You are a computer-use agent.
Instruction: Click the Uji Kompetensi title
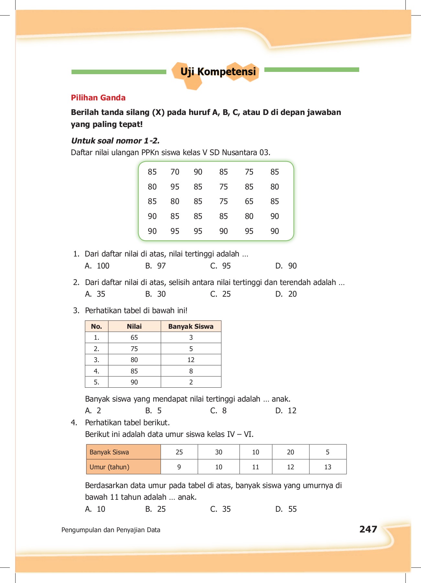click(218, 72)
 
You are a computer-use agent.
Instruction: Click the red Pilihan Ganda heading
click(98, 98)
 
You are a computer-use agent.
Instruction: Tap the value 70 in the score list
click(175, 172)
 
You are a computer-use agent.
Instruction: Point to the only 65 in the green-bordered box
click(249, 201)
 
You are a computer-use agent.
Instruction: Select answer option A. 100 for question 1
click(97, 266)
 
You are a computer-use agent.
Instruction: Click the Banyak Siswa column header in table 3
click(191, 326)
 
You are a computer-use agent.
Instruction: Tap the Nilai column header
click(134, 326)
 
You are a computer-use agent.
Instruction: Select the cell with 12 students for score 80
click(191, 360)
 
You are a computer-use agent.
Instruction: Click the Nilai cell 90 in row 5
click(134, 382)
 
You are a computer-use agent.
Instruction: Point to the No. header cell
click(96, 326)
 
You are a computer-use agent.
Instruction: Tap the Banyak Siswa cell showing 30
click(218, 452)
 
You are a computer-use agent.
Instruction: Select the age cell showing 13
click(327, 467)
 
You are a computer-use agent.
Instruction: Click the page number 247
click(368, 529)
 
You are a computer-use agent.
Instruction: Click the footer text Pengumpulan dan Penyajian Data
click(111, 530)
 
